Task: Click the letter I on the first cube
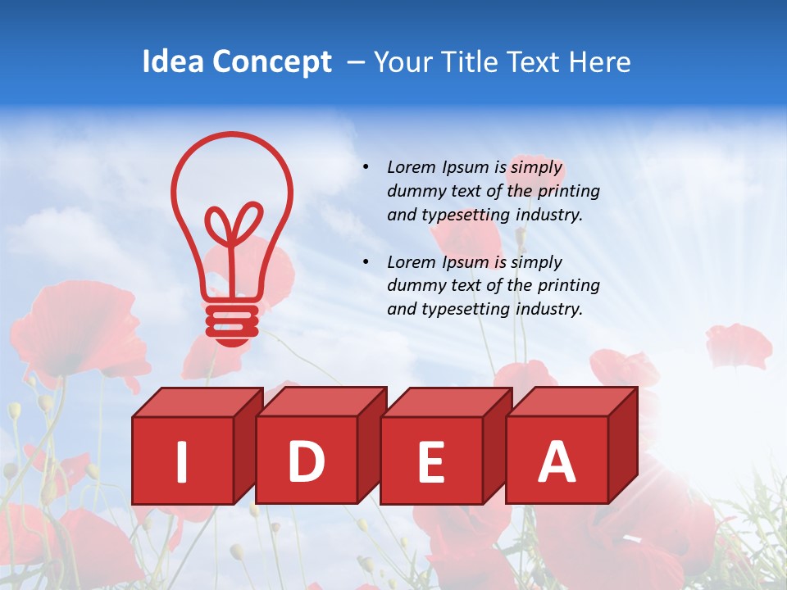[x=182, y=461]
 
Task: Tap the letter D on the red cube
[x=306, y=461]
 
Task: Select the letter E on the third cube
[x=431, y=461]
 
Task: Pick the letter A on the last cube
[x=557, y=461]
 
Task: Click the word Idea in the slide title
[x=172, y=62]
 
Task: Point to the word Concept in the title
[x=271, y=63]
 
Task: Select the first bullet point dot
[x=366, y=167]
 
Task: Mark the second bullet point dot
[x=366, y=262]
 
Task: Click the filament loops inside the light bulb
[x=233, y=225]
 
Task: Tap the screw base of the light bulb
[x=232, y=323]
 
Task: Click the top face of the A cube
[x=572, y=402]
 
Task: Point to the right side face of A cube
[x=622, y=447]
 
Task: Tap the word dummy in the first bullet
[x=415, y=191]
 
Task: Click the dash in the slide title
[x=357, y=62]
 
